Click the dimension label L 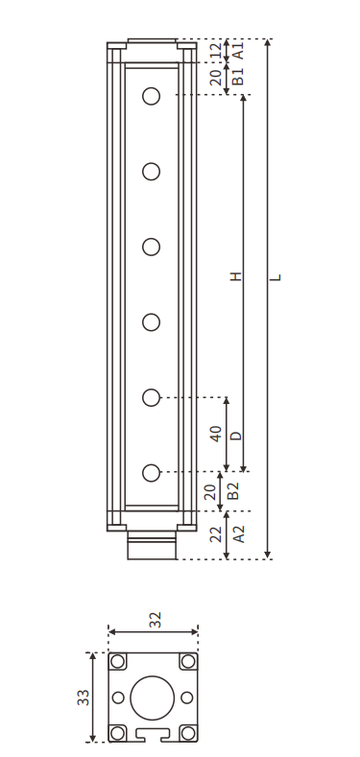[276, 277]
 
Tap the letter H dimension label [235, 276]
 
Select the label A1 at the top [238, 51]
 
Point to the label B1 [238, 77]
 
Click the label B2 [233, 491]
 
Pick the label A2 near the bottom [239, 534]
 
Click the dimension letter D [235, 436]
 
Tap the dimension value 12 [215, 51]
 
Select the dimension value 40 [215, 434]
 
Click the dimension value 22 [215, 534]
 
